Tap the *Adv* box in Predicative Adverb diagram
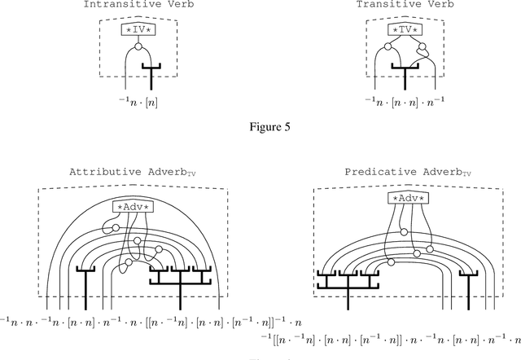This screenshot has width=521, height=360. [409, 198]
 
